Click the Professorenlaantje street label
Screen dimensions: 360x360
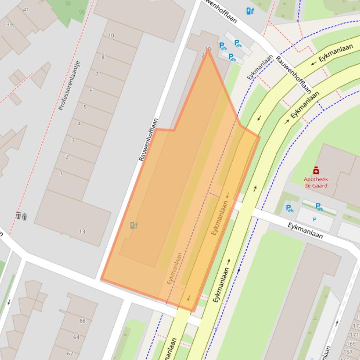coord(69,86)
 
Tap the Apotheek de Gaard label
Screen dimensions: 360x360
coord(316,182)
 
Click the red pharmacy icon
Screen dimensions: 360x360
coord(316,171)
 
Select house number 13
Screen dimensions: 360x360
coord(82,231)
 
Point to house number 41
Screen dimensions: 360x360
coord(25,9)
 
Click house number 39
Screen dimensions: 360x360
coord(9,25)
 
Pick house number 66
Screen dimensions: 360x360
coord(82,321)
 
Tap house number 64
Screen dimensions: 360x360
coord(76,337)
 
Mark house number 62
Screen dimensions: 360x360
coord(70,353)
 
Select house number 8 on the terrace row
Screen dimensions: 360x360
coord(103,58)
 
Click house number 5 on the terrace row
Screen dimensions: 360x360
coord(85,107)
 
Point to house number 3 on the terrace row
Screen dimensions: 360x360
coord(73,140)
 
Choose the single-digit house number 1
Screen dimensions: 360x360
coord(61,173)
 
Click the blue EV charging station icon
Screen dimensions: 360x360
coord(250,11)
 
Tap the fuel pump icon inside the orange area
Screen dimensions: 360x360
coord(134,225)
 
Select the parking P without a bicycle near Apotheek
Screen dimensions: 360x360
coord(315,219)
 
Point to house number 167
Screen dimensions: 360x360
coord(348,352)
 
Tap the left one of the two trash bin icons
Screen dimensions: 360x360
coord(18,216)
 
